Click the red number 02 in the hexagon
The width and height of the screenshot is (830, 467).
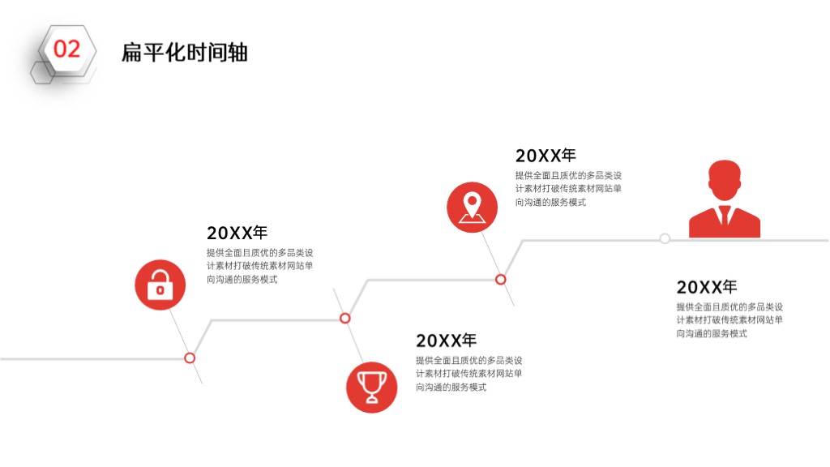[66, 49]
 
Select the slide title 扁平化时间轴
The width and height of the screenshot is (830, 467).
[184, 53]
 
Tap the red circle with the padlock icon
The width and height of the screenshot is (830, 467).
[160, 285]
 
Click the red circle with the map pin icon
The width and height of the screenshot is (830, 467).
[473, 208]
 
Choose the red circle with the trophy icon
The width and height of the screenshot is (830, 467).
[371, 387]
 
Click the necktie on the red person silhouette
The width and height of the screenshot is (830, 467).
[725, 215]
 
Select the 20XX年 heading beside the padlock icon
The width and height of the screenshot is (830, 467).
[237, 233]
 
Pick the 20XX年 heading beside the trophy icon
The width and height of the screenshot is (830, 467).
[447, 340]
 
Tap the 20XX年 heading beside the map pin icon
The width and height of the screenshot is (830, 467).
[545, 155]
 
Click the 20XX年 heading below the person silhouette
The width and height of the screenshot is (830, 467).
[707, 286]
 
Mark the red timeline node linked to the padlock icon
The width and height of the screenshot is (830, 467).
[190, 358]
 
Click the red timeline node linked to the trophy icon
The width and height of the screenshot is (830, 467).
[345, 318]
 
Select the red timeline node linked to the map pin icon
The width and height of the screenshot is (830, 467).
[501, 280]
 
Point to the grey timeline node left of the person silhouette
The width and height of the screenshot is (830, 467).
[665, 238]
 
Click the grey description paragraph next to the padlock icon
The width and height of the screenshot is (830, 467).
[260, 266]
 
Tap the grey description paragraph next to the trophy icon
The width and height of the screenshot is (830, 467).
[469, 373]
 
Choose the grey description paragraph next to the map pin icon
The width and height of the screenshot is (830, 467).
[568, 188]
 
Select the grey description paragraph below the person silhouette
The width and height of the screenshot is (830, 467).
[729, 319]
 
